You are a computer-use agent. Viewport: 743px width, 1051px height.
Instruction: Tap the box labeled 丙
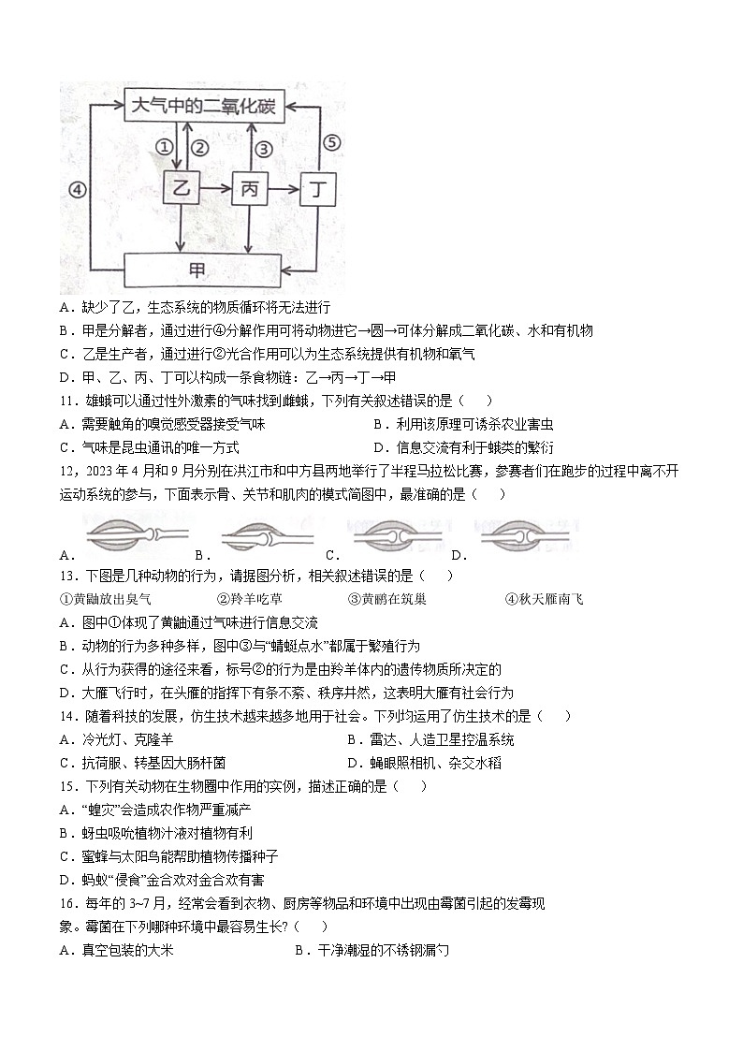pyautogui.click(x=249, y=189)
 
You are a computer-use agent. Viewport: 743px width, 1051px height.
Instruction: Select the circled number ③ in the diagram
pyautogui.click(x=264, y=147)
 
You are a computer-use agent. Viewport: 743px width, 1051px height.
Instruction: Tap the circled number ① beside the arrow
pyautogui.click(x=164, y=147)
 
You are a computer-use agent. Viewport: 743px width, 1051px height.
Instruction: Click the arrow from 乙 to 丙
pyautogui.click(x=214, y=189)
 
